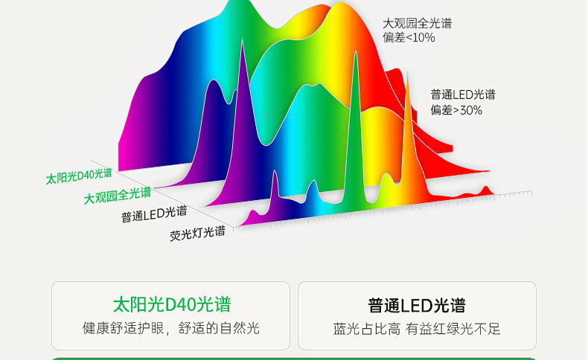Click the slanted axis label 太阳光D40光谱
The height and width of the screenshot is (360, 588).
[79, 176]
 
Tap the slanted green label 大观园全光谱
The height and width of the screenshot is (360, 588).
[118, 195]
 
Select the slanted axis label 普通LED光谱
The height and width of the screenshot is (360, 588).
[154, 214]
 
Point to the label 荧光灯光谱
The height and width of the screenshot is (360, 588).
[198, 233]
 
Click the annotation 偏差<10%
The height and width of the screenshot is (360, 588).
[409, 37]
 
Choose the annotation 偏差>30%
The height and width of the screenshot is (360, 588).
[456, 110]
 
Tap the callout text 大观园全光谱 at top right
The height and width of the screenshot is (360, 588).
[417, 23]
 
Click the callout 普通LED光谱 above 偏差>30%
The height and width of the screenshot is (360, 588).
[463, 94]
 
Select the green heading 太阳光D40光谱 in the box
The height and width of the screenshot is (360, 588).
[172, 304]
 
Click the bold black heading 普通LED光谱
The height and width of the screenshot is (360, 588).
[417, 305]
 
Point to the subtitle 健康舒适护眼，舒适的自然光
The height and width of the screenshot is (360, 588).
[171, 328]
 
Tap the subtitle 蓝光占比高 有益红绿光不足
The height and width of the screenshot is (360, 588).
[417, 329]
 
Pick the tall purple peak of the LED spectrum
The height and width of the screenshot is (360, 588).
[242, 112]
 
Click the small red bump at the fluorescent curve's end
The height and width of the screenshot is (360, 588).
[486, 190]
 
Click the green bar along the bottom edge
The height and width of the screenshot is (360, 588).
[293, 359]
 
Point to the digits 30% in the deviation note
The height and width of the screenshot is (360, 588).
[471, 110]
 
